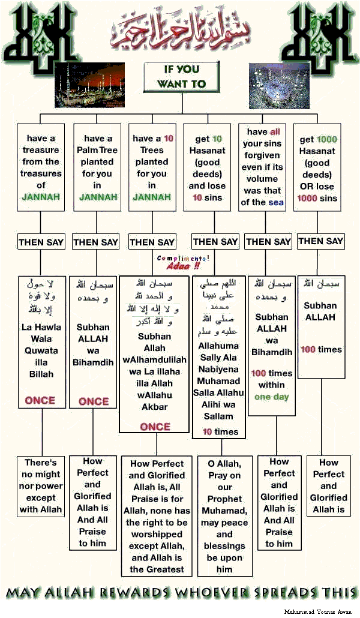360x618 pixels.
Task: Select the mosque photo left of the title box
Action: (87, 84)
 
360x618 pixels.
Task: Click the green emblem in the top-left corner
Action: (37, 33)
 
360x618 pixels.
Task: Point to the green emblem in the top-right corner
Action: (322, 33)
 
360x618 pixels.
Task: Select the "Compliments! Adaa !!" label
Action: (183, 262)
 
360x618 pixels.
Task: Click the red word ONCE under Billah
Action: (40, 400)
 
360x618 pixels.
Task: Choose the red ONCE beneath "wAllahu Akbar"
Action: (155, 427)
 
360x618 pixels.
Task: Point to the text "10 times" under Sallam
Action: (220, 431)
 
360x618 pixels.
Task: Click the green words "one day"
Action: (271, 397)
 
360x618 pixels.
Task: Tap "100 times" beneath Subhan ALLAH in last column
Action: (321, 349)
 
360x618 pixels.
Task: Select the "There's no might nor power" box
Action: (41, 486)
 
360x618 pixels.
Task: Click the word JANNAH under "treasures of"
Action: (41, 197)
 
